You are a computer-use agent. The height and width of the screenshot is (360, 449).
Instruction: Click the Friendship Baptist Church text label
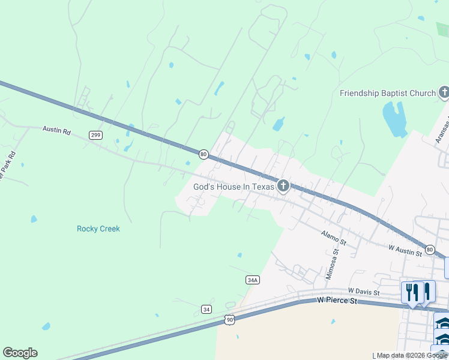(387, 93)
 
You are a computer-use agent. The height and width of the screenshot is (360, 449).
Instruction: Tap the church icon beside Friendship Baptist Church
(444, 92)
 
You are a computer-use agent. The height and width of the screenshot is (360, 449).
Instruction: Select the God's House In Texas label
(234, 187)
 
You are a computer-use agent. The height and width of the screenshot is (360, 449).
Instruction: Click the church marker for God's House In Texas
(283, 186)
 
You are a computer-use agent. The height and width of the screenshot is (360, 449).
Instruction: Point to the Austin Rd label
(56, 129)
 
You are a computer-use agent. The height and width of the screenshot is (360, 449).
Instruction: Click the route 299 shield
(95, 135)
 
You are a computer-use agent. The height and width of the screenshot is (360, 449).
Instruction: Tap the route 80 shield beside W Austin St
(430, 249)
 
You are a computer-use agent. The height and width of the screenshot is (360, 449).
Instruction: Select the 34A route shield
(253, 280)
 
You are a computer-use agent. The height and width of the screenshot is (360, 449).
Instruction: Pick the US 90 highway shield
(230, 320)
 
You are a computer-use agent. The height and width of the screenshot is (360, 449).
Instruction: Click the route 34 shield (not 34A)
(206, 309)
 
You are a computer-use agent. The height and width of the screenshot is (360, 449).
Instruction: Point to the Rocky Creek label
(98, 229)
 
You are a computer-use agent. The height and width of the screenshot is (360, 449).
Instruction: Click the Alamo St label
(334, 237)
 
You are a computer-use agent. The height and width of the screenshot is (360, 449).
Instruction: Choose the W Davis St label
(364, 292)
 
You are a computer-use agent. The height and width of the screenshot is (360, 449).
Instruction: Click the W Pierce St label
(337, 299)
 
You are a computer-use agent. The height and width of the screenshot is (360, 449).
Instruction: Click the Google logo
(20, 353)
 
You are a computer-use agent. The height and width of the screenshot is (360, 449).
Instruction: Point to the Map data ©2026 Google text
(412, 356)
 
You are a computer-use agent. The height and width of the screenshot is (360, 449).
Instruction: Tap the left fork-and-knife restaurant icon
(412, 292)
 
